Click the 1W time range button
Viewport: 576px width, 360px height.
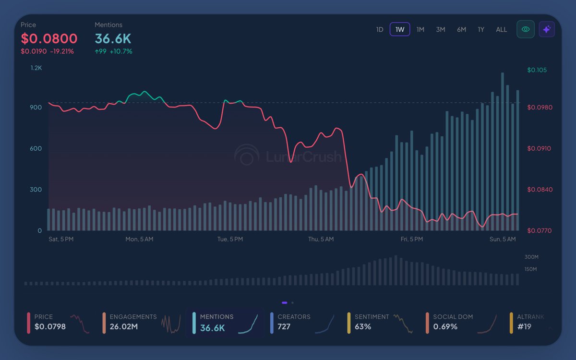click(x=400, y=29)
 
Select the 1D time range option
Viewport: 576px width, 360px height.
click(x=380, y=29)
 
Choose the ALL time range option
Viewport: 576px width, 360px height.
click(x=501, y=29)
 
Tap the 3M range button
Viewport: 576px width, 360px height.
click(x=441, y=29)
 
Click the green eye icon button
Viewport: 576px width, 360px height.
click(x=526, y=29)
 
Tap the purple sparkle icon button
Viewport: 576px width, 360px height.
click(x=547, y=29)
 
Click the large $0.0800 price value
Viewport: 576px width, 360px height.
click(x=49, y=38)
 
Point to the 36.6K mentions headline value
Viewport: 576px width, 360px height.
click(x=113, y=38)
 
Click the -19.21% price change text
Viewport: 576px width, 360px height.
click(x=62, y=51)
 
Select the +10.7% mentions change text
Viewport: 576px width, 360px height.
click(x=121, y=51)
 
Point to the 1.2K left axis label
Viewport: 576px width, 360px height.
click(x=36, y=68)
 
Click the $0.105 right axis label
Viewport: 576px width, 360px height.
click(x=537, y=70)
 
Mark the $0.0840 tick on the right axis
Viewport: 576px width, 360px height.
click(x=540, y=190)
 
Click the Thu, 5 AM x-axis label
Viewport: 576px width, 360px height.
click(x=321, y=239)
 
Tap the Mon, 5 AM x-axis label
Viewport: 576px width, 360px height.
click(x=139, y=239)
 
